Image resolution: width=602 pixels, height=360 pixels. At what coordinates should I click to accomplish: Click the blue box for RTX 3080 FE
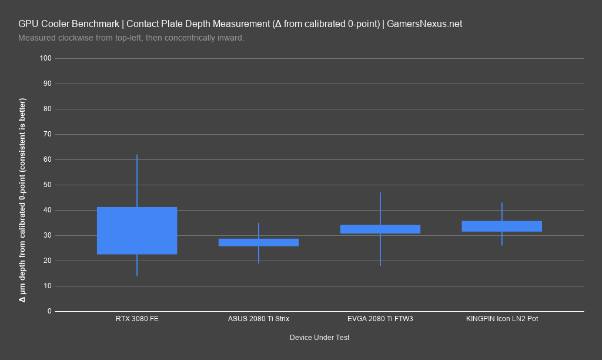click(137, 231)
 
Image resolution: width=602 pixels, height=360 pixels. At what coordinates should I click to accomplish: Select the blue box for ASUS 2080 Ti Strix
click(259, 242)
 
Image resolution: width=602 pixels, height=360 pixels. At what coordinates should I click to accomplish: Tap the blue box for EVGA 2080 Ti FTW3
click(380, 229)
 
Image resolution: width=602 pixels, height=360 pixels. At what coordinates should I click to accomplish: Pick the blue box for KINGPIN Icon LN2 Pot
click(502, 226)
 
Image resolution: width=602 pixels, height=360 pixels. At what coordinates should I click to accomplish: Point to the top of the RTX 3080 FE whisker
click(137, 155)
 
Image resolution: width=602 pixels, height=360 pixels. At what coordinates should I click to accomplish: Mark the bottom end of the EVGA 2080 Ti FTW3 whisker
click(380, 265)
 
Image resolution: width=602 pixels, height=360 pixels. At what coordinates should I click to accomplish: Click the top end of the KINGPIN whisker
click(502, 203)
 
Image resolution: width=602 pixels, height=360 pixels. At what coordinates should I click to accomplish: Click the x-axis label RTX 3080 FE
click(137, 319)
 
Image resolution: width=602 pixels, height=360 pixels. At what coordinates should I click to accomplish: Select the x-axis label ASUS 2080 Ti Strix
click(259, 319)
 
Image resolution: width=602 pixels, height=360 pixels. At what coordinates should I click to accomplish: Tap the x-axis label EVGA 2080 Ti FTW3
click(380, 319)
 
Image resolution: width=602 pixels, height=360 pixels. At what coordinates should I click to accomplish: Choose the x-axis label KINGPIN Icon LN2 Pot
click(502, 319)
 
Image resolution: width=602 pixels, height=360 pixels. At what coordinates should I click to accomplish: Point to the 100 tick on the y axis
click(46, 58)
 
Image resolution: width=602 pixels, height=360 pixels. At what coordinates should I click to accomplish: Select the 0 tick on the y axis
click(49, 311)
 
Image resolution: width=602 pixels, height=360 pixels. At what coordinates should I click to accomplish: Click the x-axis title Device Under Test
click(320, 338)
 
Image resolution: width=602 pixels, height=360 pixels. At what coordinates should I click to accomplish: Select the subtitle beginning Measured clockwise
click(131, 38)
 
